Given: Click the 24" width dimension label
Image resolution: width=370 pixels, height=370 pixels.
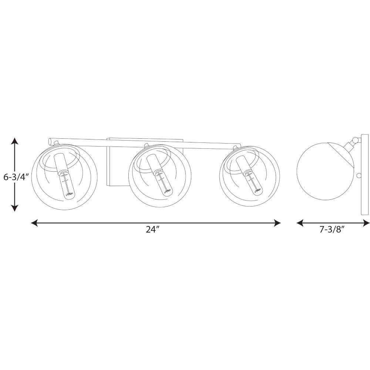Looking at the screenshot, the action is coord(153,229).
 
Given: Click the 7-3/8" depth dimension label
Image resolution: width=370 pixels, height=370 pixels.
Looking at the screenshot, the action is coord(332,229).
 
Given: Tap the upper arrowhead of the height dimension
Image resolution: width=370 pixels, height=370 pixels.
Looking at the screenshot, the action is coord(15,141).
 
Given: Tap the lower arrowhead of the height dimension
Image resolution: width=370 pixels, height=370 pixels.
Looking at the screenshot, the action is coord(15,208).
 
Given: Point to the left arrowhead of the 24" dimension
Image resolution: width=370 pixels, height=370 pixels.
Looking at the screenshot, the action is coord(34,223).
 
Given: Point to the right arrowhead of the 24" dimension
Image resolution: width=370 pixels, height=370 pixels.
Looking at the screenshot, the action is coord(277,223).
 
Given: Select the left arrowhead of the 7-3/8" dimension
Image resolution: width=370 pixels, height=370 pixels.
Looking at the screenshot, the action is coord(300,223).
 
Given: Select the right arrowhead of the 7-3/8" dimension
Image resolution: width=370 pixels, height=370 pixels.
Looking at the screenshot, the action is coord(366,223).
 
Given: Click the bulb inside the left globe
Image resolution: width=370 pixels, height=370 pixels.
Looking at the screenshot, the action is coord(68,185).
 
